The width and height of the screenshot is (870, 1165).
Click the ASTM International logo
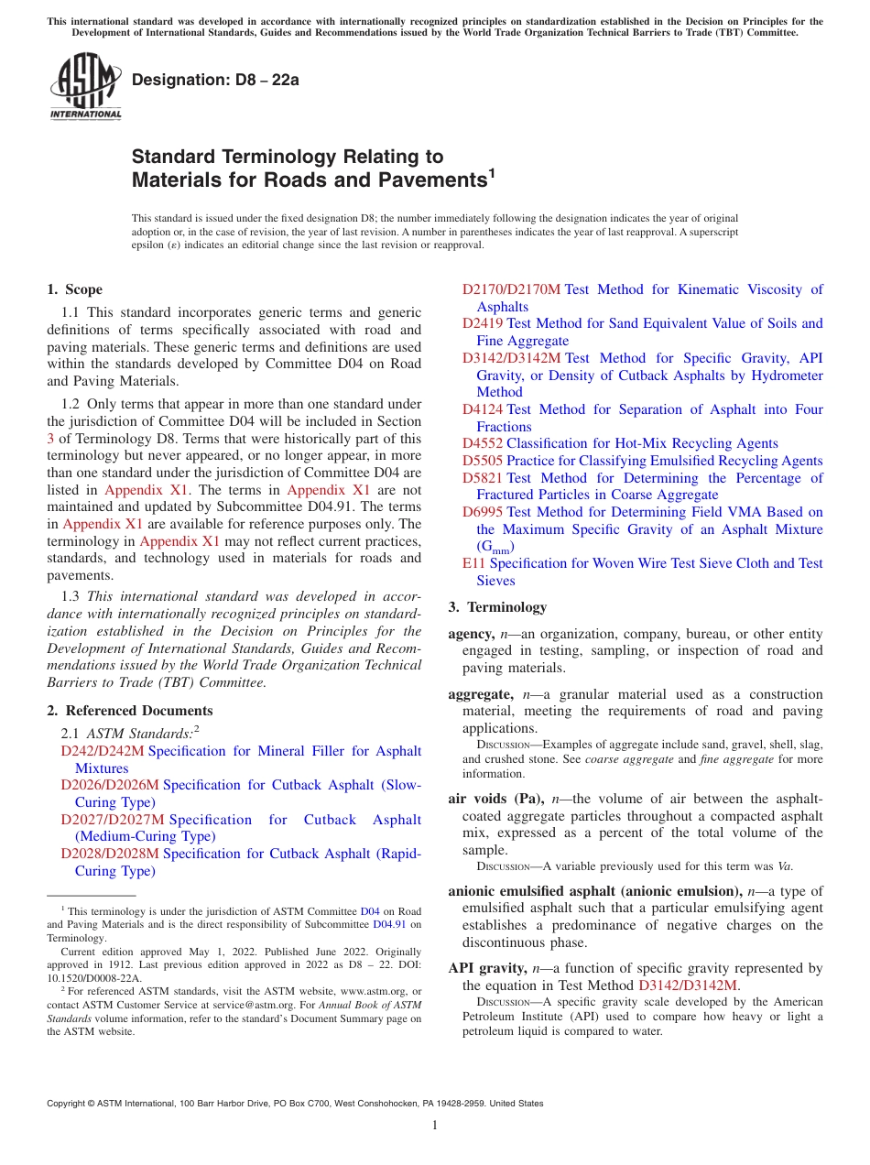coord(85,86)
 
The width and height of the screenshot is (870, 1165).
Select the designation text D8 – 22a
coord(215,80)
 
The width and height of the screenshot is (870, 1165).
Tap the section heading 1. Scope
coord(75,289)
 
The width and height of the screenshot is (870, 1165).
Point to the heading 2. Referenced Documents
coord(130,711)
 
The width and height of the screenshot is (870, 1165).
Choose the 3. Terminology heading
coord(497,607)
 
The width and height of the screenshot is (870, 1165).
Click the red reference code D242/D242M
coord(103,751)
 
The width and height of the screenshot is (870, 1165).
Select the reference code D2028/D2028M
coord(110,854)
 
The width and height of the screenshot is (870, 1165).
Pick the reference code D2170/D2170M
coord(511,289)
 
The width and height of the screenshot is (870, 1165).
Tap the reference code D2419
coord(483,323)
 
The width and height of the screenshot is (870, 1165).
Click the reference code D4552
coord(483,443)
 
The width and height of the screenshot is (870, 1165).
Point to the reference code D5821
coord(483,478)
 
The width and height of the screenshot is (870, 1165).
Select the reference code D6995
coord(483,512)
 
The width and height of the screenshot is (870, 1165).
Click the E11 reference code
coord(473,563)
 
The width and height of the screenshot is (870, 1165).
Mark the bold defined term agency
coord(472,634)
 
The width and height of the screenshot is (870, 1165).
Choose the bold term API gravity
coord(487,968)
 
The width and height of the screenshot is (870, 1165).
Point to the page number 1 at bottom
coord(435,1126)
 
